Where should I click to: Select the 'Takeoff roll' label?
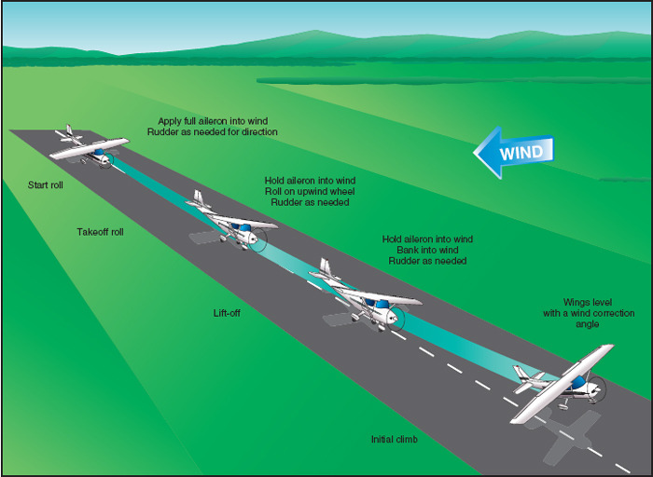pyautogui.click(x=100, y=232)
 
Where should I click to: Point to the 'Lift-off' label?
pyautogui.click(x=227, y=313)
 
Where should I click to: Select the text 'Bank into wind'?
pyautogui.click(x=427, y=251)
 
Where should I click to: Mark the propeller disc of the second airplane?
pyautogui.click(x=257, y=239)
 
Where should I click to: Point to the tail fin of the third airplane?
pyautogui.click(x=326, y=270)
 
